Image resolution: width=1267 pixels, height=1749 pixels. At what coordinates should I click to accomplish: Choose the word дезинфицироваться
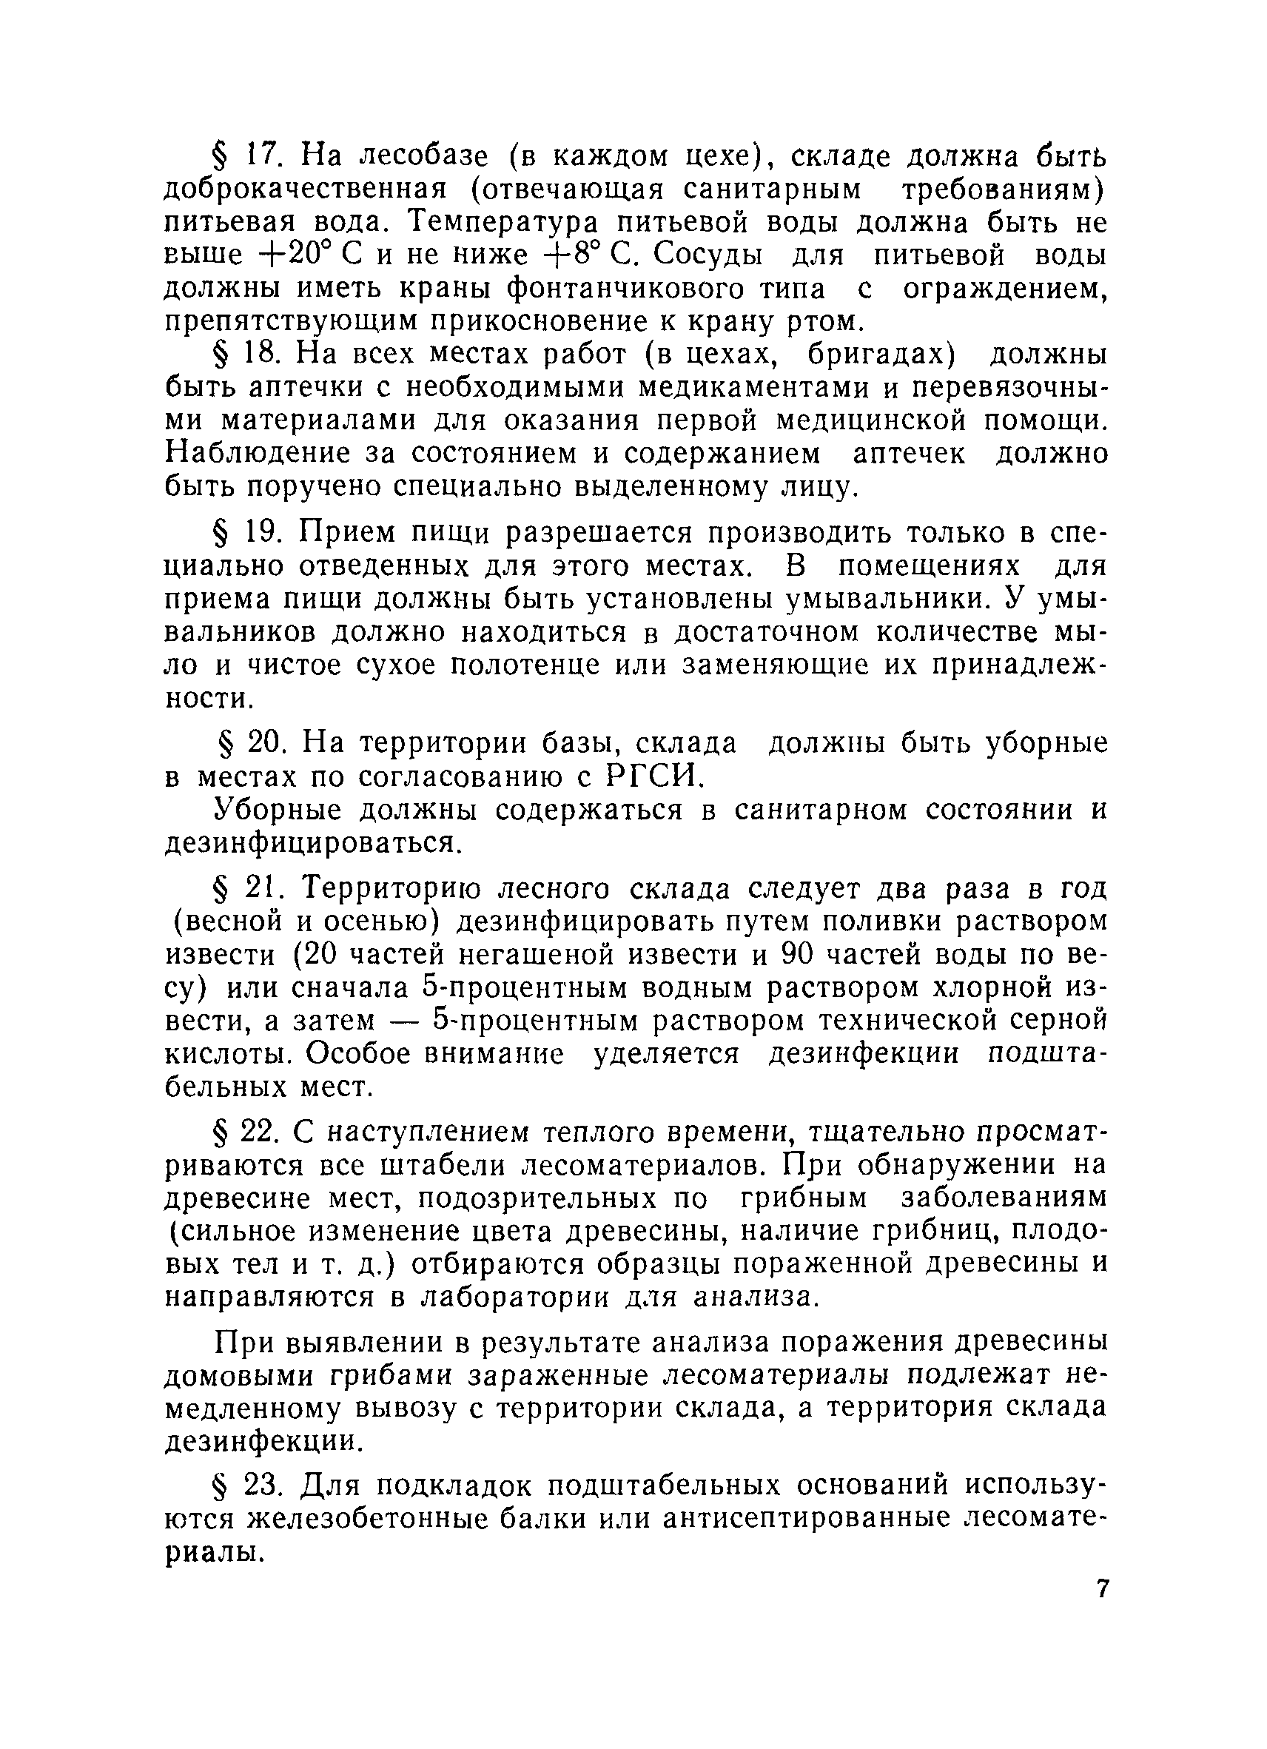tap(312, 844)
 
